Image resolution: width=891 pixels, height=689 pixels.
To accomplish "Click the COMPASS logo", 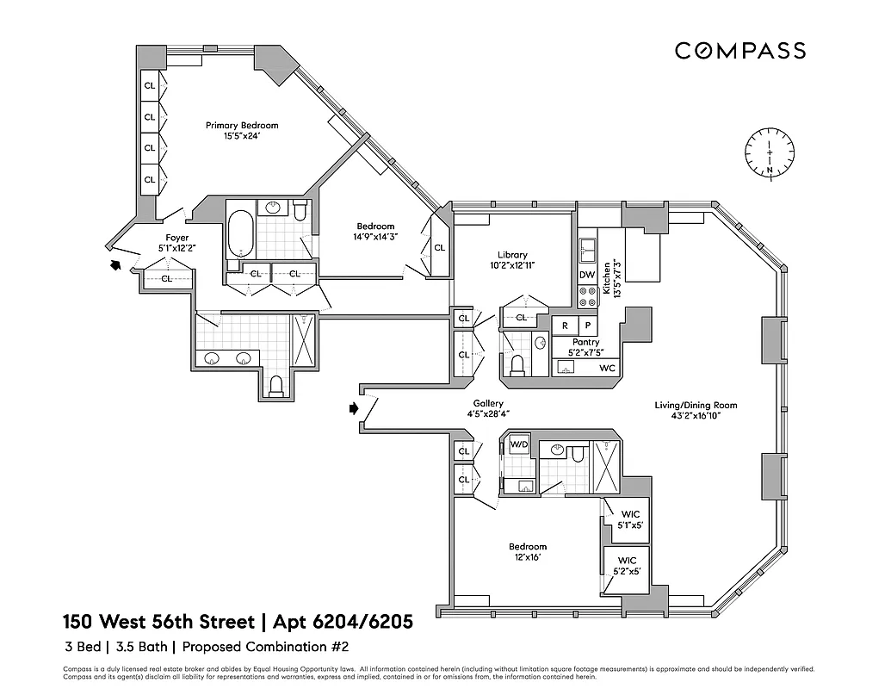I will point(739,51).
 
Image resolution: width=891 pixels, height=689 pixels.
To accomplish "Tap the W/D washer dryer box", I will point(519,445).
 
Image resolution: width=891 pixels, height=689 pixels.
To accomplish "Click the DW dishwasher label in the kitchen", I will point(587,276).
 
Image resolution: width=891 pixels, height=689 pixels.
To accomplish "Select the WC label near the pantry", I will point(607,369).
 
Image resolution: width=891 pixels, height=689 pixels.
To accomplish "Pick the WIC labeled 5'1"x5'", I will point(626,519).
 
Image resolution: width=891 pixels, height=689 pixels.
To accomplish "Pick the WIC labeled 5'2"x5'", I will point(626,565).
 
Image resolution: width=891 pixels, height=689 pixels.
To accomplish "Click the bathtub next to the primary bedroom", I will point(239,233).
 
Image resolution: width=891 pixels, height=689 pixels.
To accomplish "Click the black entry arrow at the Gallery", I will point(354,408).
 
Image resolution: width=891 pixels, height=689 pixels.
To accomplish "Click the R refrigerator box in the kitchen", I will point(565,326).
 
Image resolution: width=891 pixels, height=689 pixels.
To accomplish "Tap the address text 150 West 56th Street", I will point(158,621).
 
